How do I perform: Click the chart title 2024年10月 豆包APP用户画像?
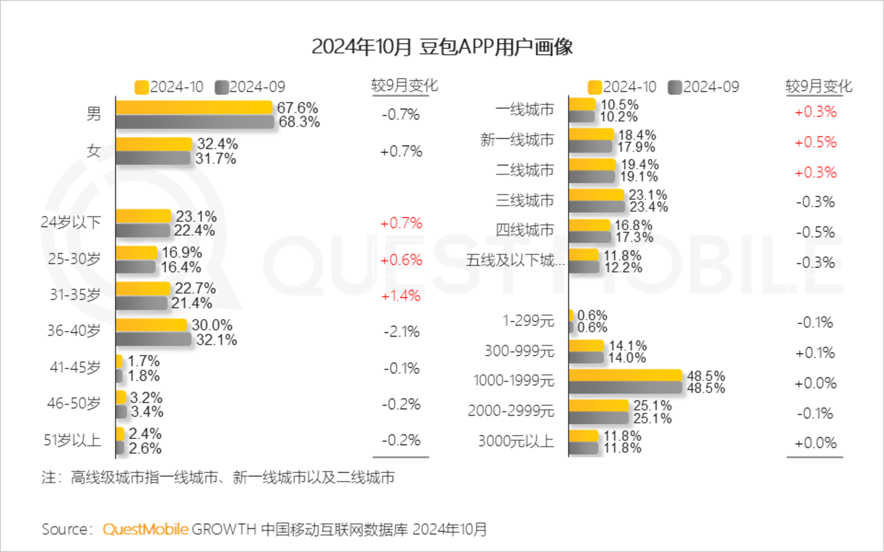442,47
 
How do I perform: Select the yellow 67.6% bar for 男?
194,107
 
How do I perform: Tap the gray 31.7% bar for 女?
153,158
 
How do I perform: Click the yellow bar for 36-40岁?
152,324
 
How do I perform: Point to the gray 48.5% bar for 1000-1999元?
626,388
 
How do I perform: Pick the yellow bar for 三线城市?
596,195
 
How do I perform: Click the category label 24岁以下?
71,222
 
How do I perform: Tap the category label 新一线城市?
517,140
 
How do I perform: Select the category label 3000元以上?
516,442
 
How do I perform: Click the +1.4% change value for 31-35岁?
401,296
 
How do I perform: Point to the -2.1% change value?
401,332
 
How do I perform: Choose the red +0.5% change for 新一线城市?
815,142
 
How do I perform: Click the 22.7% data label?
195,288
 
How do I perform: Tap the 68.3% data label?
299,122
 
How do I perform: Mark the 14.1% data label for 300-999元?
627,346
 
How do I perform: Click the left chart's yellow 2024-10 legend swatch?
142,87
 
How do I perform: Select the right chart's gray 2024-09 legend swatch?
675,87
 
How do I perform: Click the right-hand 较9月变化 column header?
819,86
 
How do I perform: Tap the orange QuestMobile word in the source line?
145,529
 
